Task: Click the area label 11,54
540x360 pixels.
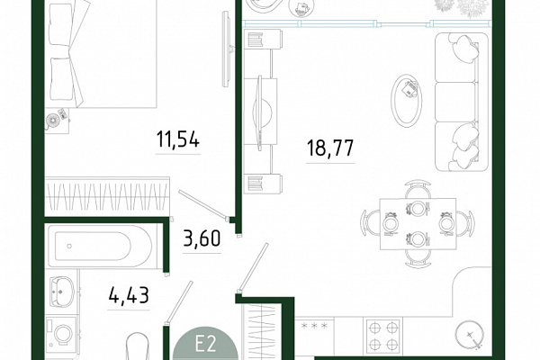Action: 177,139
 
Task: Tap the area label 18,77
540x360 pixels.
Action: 330,148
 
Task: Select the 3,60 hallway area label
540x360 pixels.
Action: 202,238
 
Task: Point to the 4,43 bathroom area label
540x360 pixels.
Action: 129,295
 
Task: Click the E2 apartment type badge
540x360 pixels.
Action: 205,344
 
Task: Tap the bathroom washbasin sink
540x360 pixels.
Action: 61,292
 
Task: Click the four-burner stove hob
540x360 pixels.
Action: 382,336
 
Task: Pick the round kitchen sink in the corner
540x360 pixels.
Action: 470,335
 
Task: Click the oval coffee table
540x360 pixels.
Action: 407,100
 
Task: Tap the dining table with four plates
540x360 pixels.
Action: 418,223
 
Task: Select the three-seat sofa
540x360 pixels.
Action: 462,102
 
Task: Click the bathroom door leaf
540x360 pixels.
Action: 178,302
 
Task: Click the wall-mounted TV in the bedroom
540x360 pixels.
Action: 227,49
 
